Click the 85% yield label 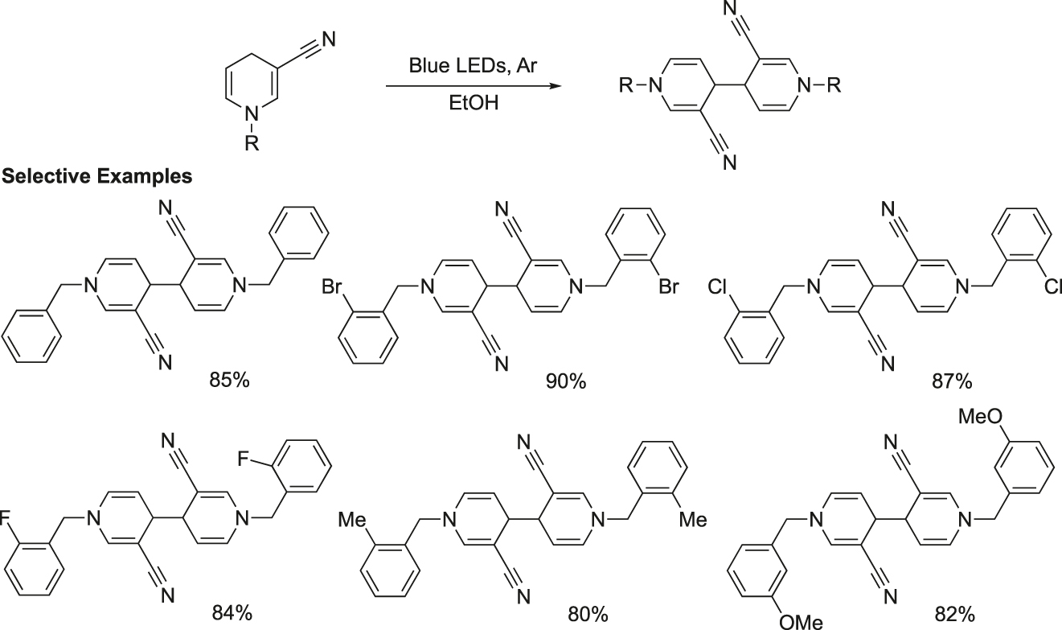point(229,381)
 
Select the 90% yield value point(566,381)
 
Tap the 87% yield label point(952,381)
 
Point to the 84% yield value point(232,613)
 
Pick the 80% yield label point(588,615)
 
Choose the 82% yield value point(955,615)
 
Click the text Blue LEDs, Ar point(473,66)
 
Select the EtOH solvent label point(474,103)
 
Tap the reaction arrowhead point(555,86)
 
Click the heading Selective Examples point(97,176)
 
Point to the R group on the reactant point(252,142)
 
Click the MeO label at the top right point(981,417)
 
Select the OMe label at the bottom point(801,621)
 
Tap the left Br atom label point(332,287)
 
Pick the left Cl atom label point(717,287)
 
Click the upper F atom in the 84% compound point(244,459)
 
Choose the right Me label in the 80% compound point(693,520)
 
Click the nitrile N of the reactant point(328,39)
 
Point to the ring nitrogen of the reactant point(252,114)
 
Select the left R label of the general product point(625,86)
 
